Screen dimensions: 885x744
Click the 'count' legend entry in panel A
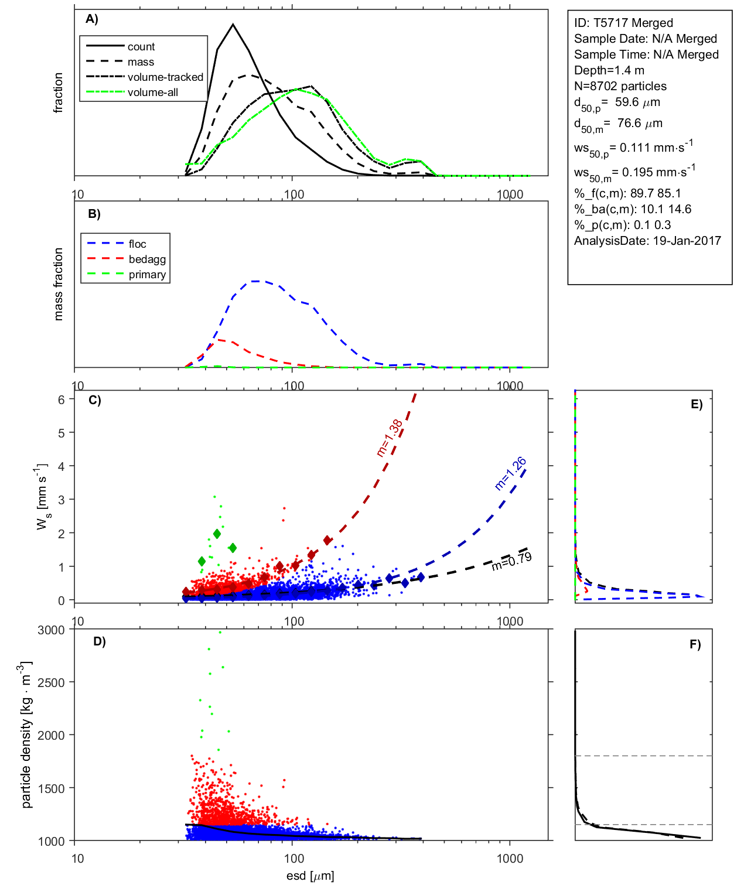pyautogui.click(x=141, y=47)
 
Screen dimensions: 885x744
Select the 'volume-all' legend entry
pyautogui.click(x=152, y=93)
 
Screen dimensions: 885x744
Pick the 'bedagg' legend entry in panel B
pyautogui.click(x=147, y=259)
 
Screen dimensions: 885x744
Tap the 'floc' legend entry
pyautogui.click(x=137, y=244)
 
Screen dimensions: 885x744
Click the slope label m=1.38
pyautogui.click(x=389, y=438)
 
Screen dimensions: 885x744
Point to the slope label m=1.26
pyautogui.click(x=510, y=473)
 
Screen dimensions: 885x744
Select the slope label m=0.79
pyautogui.click(x=511, y=561)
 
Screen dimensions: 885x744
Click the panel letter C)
pyautogui.click(x=95, y=401)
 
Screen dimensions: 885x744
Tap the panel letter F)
pyautogui.click(x=695, y=645)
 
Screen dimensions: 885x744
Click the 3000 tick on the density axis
pyautogui.click(x=51, y=630)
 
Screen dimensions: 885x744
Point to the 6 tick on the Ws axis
pyautogui.click(x=61, y=399)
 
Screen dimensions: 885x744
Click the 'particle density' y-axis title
pyautogui.click(x=26, y=735)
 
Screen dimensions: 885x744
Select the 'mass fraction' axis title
pyautogui.click(x=58, y=284)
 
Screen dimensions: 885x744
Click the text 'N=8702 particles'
pyautogui.click(x=620, y=86)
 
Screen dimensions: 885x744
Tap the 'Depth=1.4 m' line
pyautogui.click(x=609, y=70)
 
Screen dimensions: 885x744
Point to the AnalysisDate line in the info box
pyautogui.click(x=647, y=241)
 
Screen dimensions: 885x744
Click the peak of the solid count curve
pyautogui.click(x=233, y=25)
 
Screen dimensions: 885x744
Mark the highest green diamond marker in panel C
pyautogui.click(x=217, y=534)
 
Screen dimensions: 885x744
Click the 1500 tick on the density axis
pyautogui.click(x=51, y=788)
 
